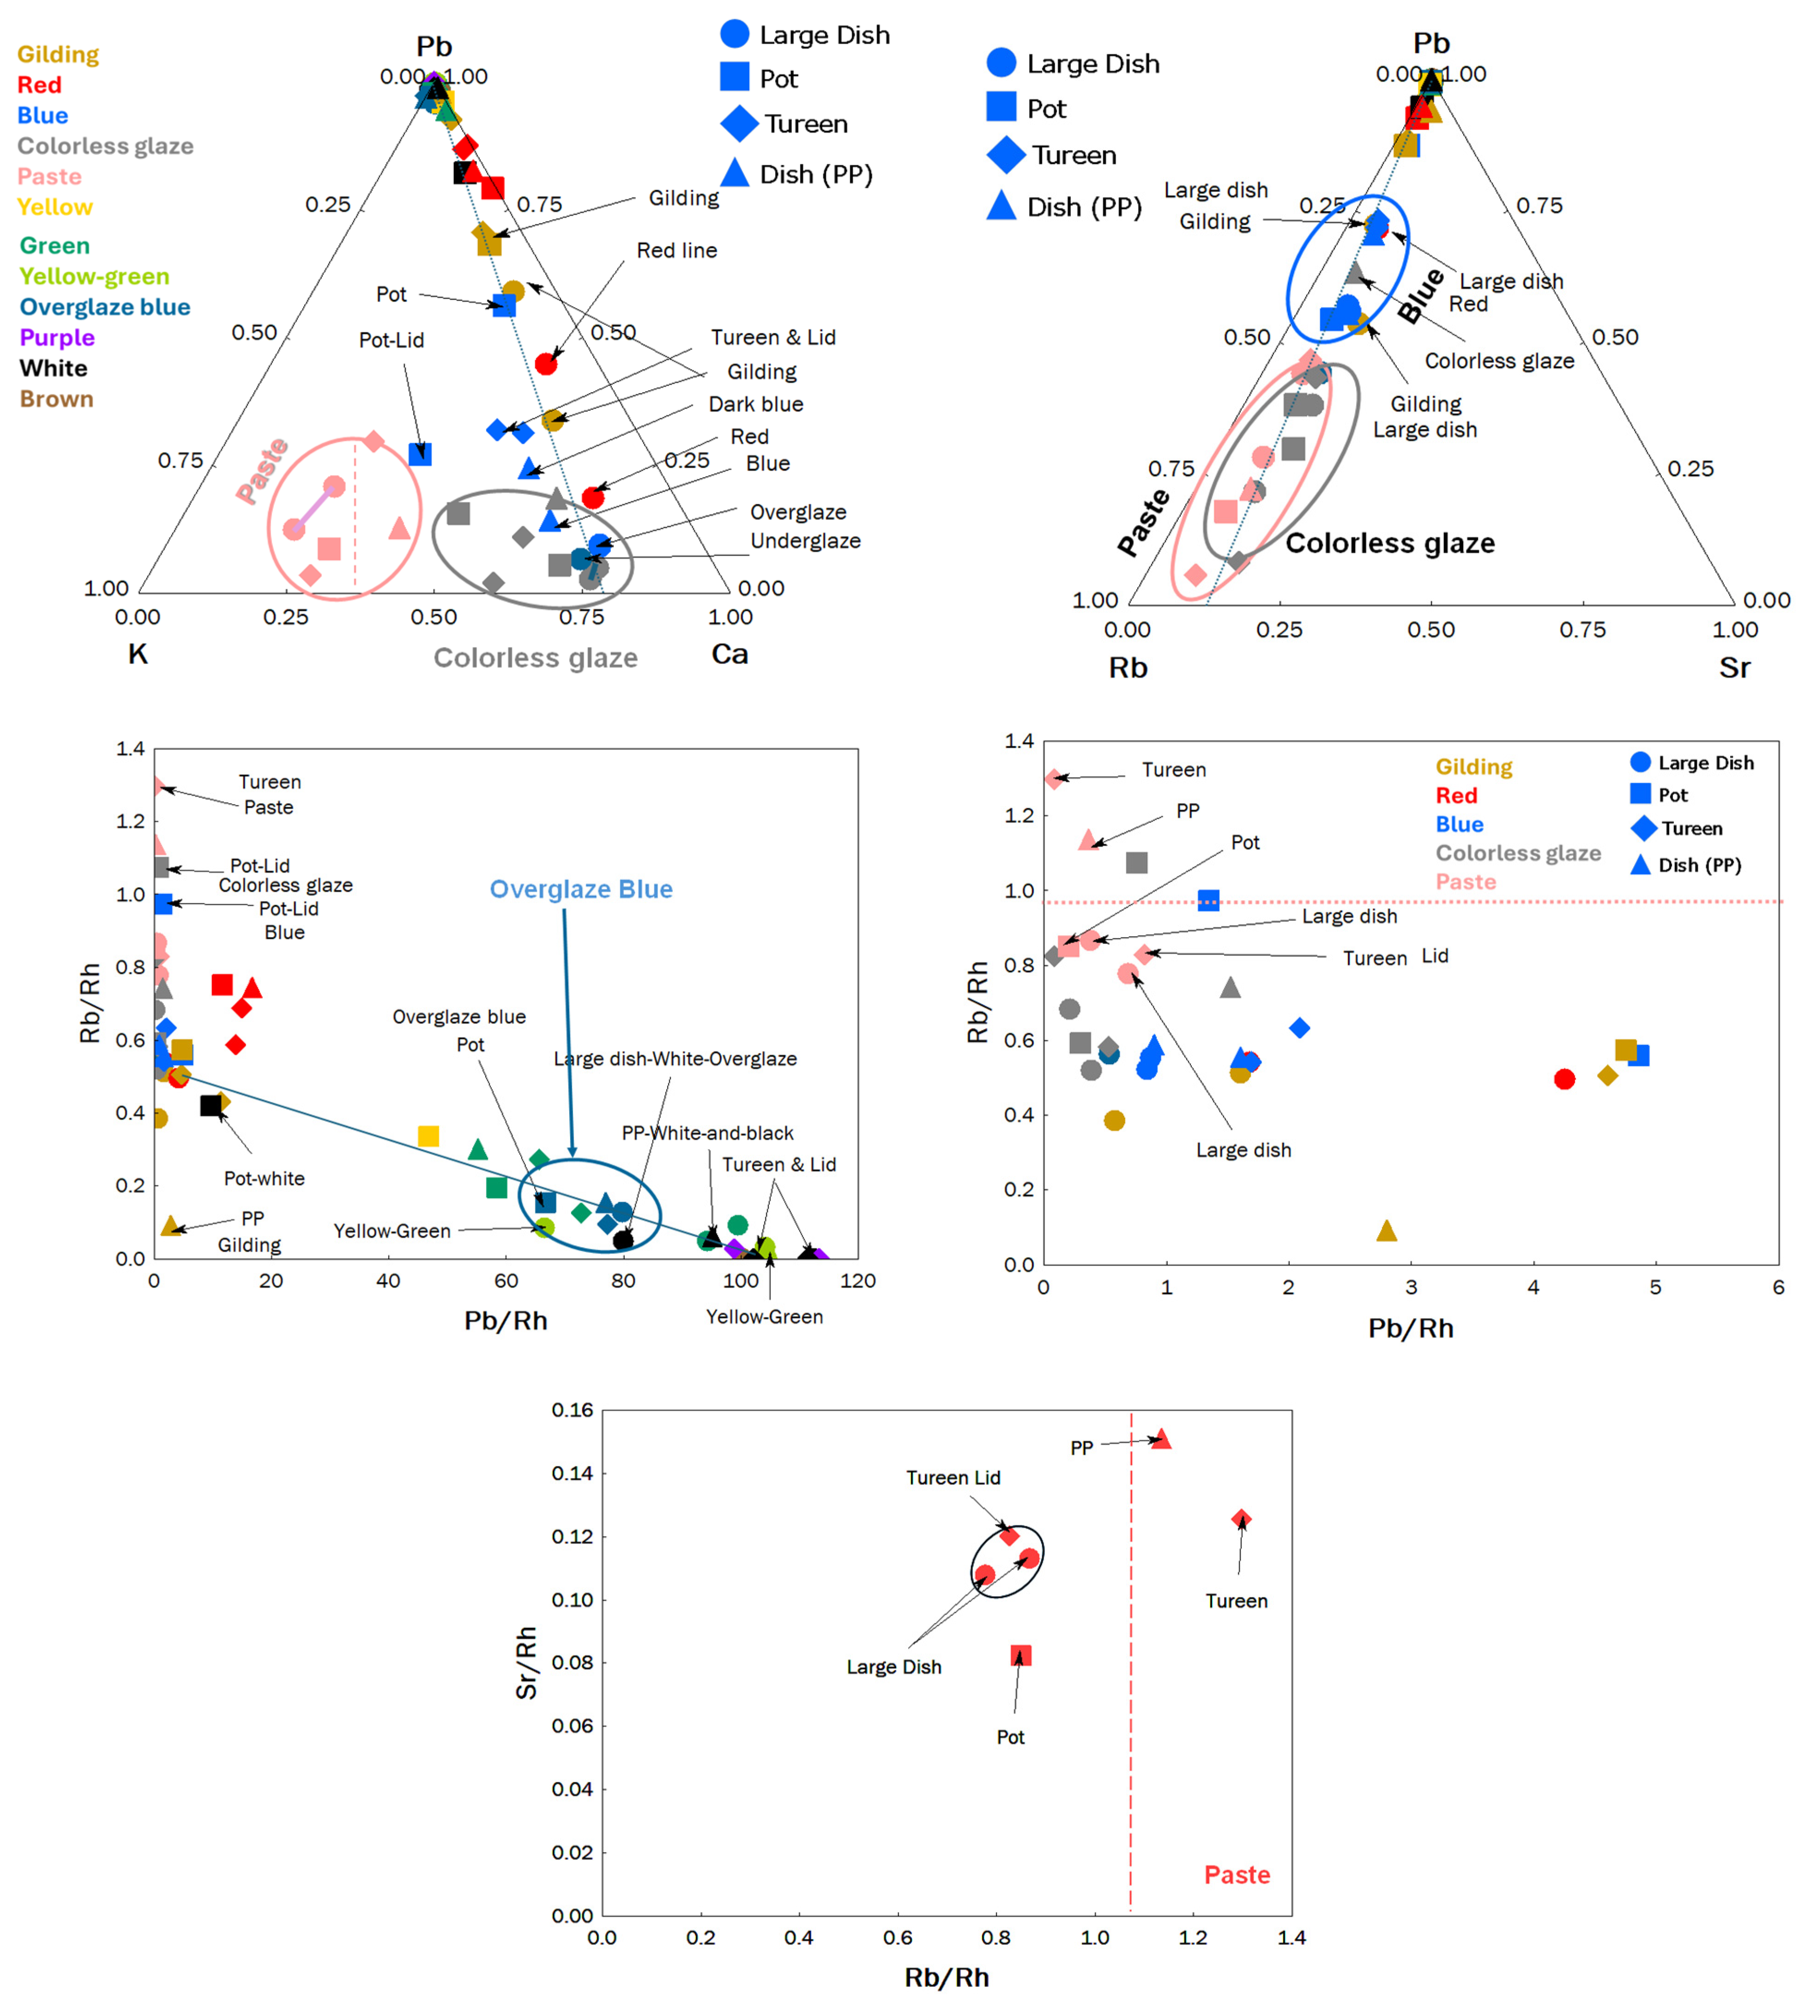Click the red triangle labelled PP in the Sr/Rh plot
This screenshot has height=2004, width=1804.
pos(1161,1439)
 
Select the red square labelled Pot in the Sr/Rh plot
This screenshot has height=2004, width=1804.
pos(1021,1655)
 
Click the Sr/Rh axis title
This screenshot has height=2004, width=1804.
pos(526,1663)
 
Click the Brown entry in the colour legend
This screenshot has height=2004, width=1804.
pos(56,399)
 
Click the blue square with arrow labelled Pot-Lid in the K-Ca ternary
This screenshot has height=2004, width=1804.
pos(420,454)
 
